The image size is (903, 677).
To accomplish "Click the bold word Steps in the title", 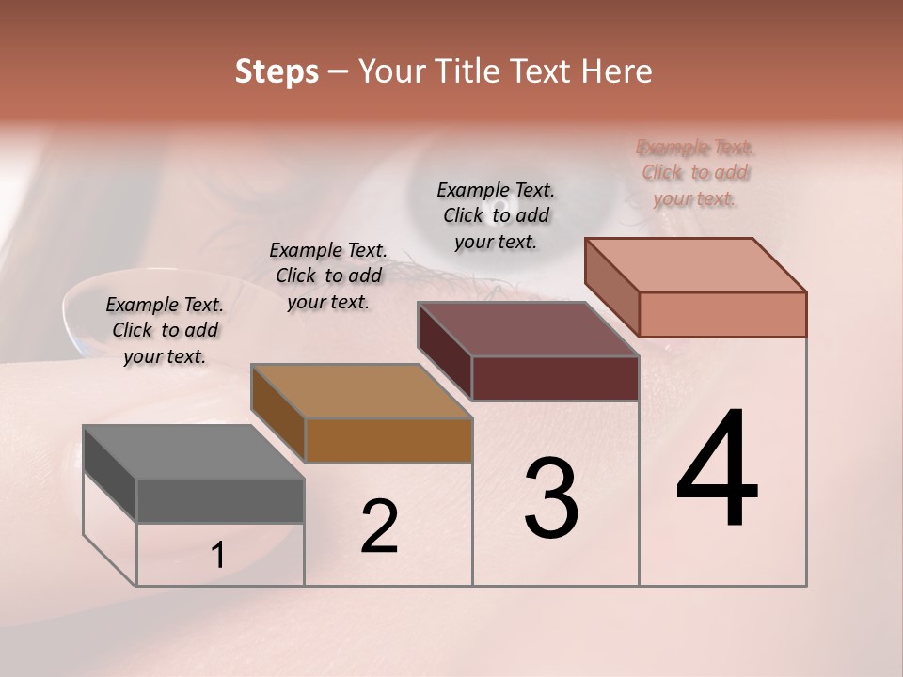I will pyautogui.click(x=277, y=72).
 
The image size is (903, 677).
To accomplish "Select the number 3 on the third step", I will pyautogui.click(x=551, y=498).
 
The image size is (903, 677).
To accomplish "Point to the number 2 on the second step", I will pyautogui.click(x=380, y=527).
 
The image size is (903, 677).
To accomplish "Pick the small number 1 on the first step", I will pyautogui.click(x=217, y=556).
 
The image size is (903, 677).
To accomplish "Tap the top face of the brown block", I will pyautogui.click(x=360, y=391).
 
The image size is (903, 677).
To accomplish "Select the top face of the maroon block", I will pyautogui.click(x=528, y=329).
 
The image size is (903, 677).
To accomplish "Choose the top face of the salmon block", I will pyautogui.click(x=695, y=265).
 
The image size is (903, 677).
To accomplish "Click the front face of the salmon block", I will pyautogui.click(x=722, y=314).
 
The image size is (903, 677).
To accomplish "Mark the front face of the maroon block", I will pyautogui.click(x=555, y=378).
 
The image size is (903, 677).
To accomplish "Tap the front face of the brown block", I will pyautogui.click(x=388, y=440).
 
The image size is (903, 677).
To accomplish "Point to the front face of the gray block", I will pyautogui.click(x=220, y=501).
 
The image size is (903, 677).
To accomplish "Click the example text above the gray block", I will pyautogui.click(x=165, y=330).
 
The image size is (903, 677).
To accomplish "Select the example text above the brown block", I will pyautogui.click(x=328, y=276).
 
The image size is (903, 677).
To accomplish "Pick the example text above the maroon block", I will pyautogui.click(x=496, y=215).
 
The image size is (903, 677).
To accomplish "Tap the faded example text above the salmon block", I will pyautogui.click(x=696, y=173).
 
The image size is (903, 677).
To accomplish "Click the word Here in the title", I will pyautogui.click(x=620, y=72).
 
